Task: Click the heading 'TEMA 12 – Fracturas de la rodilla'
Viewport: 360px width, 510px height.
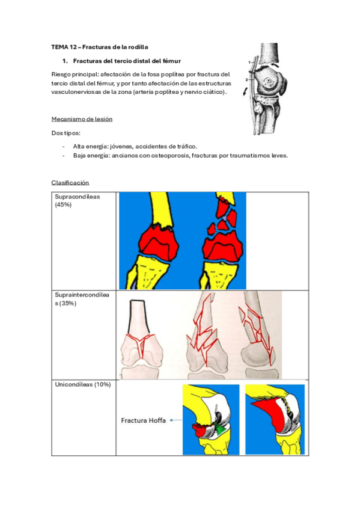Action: click(100, 47)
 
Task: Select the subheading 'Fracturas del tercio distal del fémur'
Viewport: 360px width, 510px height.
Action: click(127, 61)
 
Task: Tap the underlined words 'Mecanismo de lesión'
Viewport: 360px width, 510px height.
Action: click(82, 119)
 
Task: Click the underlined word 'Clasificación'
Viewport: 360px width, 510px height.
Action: click(70, 182)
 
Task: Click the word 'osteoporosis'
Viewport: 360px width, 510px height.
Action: click(170, 156)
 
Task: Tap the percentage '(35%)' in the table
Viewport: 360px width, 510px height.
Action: click(68, 304)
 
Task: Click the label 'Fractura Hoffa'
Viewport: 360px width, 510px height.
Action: click(143, 420)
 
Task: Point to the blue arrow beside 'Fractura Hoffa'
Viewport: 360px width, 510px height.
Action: click(175, 420)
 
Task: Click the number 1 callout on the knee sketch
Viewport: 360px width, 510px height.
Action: click(249, 62)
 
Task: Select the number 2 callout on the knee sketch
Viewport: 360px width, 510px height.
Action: click(246, 79)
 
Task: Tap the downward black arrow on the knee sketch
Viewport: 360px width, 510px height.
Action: click(245, 91)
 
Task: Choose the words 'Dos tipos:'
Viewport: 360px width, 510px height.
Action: click(66, 133)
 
